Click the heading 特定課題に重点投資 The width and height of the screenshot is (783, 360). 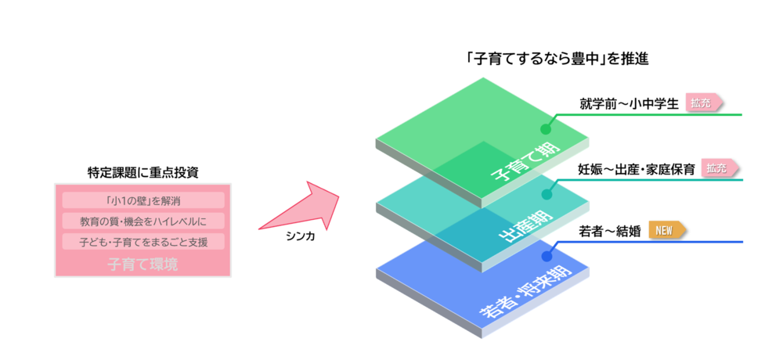click(143, 173)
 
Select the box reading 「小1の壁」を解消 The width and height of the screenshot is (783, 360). click(143, 200)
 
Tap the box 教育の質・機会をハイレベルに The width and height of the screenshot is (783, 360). click(143, 221)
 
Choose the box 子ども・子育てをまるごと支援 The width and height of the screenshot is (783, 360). click(143, 242)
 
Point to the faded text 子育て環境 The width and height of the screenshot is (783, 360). click(143, 264)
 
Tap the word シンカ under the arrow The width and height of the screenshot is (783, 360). click(301, 238)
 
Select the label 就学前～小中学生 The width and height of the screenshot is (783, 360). click(628, 104)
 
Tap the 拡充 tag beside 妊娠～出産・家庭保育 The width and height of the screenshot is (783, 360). click(720, 169)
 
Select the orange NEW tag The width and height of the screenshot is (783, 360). click(666, 231)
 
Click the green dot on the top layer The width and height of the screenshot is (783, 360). click(546, 129)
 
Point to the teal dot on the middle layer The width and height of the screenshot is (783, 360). click(547, 195)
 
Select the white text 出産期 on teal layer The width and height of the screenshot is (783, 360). click(527, 227)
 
